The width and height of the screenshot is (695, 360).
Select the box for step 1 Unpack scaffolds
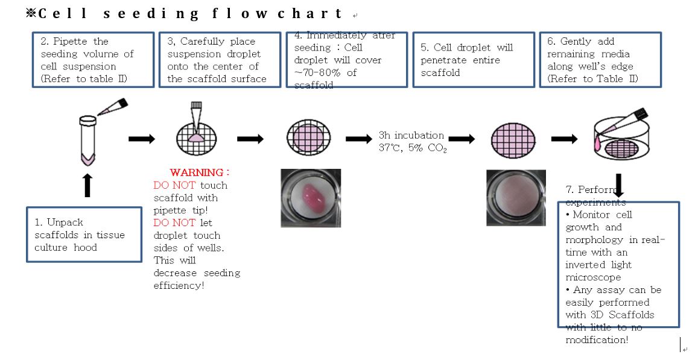point(84,235)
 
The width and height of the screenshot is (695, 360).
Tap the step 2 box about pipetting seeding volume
point(93,60)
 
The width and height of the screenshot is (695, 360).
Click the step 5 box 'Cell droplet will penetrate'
point(473,60)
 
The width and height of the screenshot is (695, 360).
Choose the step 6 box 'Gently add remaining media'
point(600,60)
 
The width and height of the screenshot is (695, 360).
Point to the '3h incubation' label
point(411,135)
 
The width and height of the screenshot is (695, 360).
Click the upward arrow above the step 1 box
point(87,185)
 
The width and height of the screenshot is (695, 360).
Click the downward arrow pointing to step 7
point(618,183)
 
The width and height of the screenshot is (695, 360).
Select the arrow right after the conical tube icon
point(142,139)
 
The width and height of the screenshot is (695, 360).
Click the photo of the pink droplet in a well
point(311,198)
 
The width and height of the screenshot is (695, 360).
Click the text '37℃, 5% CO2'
point(413,148)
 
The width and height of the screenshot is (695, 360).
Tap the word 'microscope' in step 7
point(592,277)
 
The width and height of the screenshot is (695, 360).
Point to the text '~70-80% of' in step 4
point(325,73)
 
